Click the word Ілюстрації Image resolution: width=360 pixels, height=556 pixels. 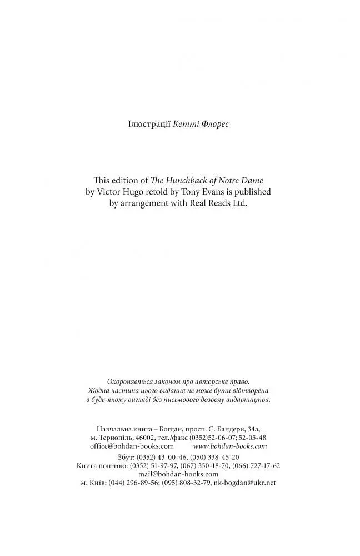(148, 124)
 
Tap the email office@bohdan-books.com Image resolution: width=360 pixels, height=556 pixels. (132, 446)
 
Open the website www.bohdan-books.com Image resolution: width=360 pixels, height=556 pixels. (230, 446)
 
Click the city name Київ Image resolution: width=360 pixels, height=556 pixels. (97, 483)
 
